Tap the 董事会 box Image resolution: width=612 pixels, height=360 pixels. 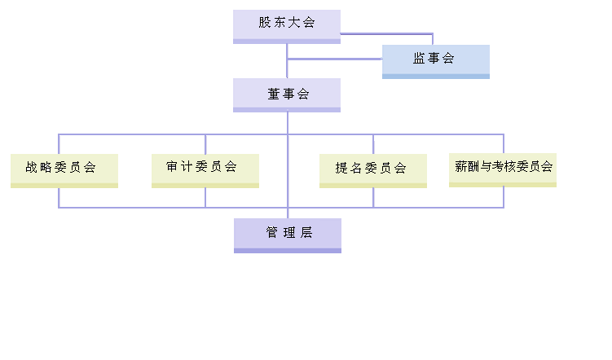(286, 94)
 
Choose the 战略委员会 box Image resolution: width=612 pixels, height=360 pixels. (64, 169)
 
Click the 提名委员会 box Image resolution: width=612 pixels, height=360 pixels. (372, 169)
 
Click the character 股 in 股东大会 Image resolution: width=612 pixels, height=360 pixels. (265, 23)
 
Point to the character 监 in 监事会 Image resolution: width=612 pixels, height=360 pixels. (419, 59)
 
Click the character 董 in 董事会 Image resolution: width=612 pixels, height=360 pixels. (273, 94)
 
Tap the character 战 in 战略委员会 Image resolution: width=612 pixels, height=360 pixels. (32, 168)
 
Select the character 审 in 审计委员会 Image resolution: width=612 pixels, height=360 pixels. (173, 167)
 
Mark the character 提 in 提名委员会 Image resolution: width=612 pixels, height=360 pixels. (341, 169)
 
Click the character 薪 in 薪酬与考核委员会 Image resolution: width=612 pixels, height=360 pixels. (460, 166)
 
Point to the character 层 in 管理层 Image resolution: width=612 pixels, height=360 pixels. (306, 233)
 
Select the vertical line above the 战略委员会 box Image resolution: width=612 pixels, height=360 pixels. (59, 143)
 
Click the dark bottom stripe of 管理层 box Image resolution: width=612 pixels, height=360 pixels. (287, 250)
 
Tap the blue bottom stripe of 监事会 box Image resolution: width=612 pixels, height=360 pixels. (435, 77)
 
